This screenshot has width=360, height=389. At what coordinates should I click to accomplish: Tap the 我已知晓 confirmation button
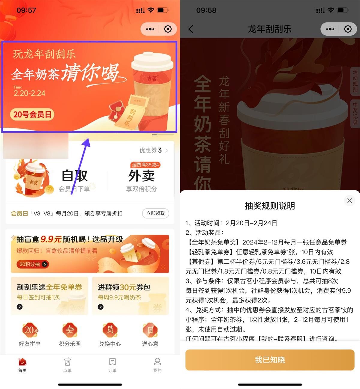pos(270,360)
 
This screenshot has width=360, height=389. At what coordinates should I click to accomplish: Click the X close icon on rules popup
pos(349,200)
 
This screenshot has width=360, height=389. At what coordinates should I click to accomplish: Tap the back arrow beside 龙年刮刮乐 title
pos(191,29)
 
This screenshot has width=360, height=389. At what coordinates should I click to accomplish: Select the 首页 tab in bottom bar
pos(22,365)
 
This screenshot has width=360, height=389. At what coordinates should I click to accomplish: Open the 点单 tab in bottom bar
pos(67,365)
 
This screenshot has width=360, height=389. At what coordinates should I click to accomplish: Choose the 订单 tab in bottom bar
pos(112,365)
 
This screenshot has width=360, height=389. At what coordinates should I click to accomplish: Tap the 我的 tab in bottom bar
pos(157,365)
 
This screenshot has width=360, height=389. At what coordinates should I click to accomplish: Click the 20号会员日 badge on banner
pos(32,114)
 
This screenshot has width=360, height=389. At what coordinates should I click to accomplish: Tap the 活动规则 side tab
pos(355,81)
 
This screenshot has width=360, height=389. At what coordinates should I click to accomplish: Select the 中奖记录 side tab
pos(355,114)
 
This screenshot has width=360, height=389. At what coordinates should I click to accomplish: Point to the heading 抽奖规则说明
pos(270,206)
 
